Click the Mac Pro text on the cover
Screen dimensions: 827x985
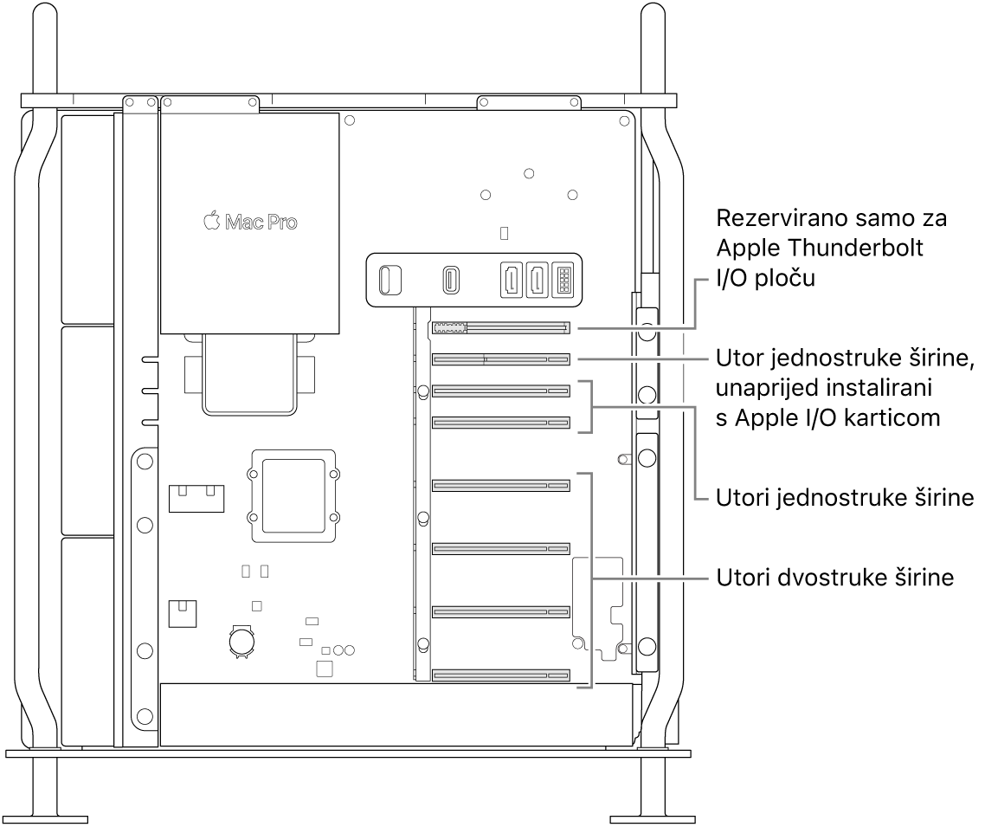(x=261, y=223)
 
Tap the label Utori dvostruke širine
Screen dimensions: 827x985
(x=834, y=578)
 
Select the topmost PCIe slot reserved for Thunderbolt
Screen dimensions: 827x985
(x=500, y=328)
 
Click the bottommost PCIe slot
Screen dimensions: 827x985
(x=500, y=674)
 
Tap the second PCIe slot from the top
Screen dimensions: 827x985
(x=500, y=359)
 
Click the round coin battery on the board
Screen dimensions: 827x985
(x=240, y=640)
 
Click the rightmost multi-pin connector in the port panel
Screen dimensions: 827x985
(x=563, y=279)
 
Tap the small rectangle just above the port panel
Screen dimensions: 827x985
(x=506, y=234)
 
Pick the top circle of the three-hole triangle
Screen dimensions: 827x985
(x=529, y=173)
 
